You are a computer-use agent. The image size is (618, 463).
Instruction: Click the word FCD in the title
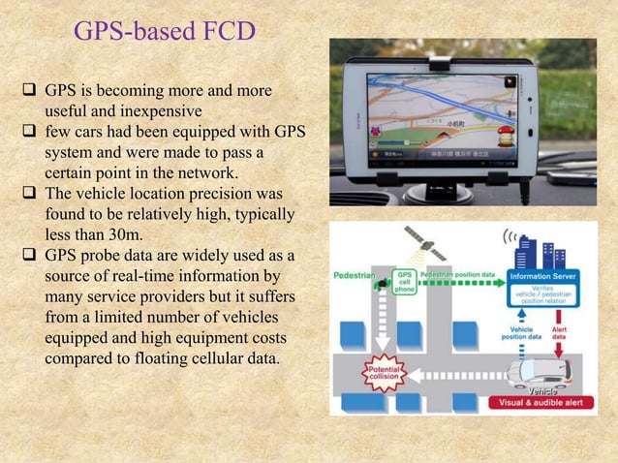coord(225,32)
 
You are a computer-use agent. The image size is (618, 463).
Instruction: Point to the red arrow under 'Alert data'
coord(560,351)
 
